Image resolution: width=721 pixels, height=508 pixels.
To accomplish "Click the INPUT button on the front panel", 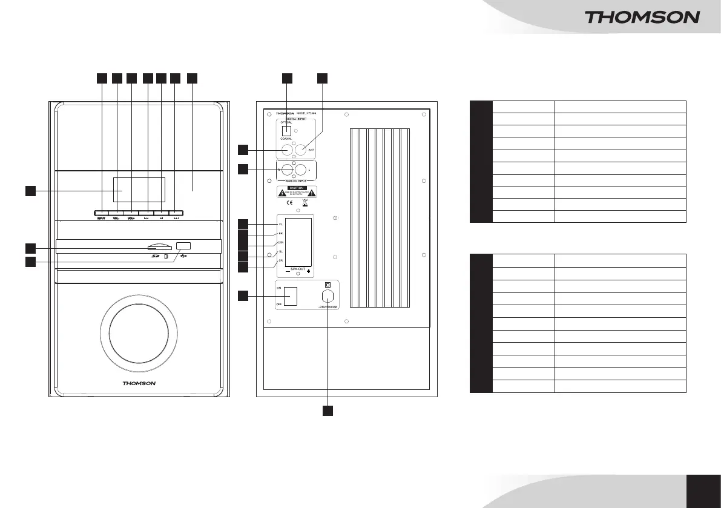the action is (102, 213).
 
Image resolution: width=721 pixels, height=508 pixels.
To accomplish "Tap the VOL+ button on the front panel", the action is (131, 213).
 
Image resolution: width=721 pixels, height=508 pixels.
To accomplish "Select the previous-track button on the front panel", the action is (147, 213).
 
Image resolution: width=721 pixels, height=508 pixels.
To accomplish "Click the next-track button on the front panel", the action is (176, 213).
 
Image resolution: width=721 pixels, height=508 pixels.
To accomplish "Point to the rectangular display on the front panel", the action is (139, 191).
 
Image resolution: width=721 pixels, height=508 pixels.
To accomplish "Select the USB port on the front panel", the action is (183, 246).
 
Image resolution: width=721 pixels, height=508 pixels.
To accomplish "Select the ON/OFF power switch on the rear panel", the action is (291, 296).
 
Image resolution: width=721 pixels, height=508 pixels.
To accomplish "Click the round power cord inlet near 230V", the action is (328, 297).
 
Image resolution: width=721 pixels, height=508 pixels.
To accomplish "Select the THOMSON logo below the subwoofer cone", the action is (139, 383).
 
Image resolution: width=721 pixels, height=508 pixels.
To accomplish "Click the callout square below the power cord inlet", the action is (328, 411).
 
